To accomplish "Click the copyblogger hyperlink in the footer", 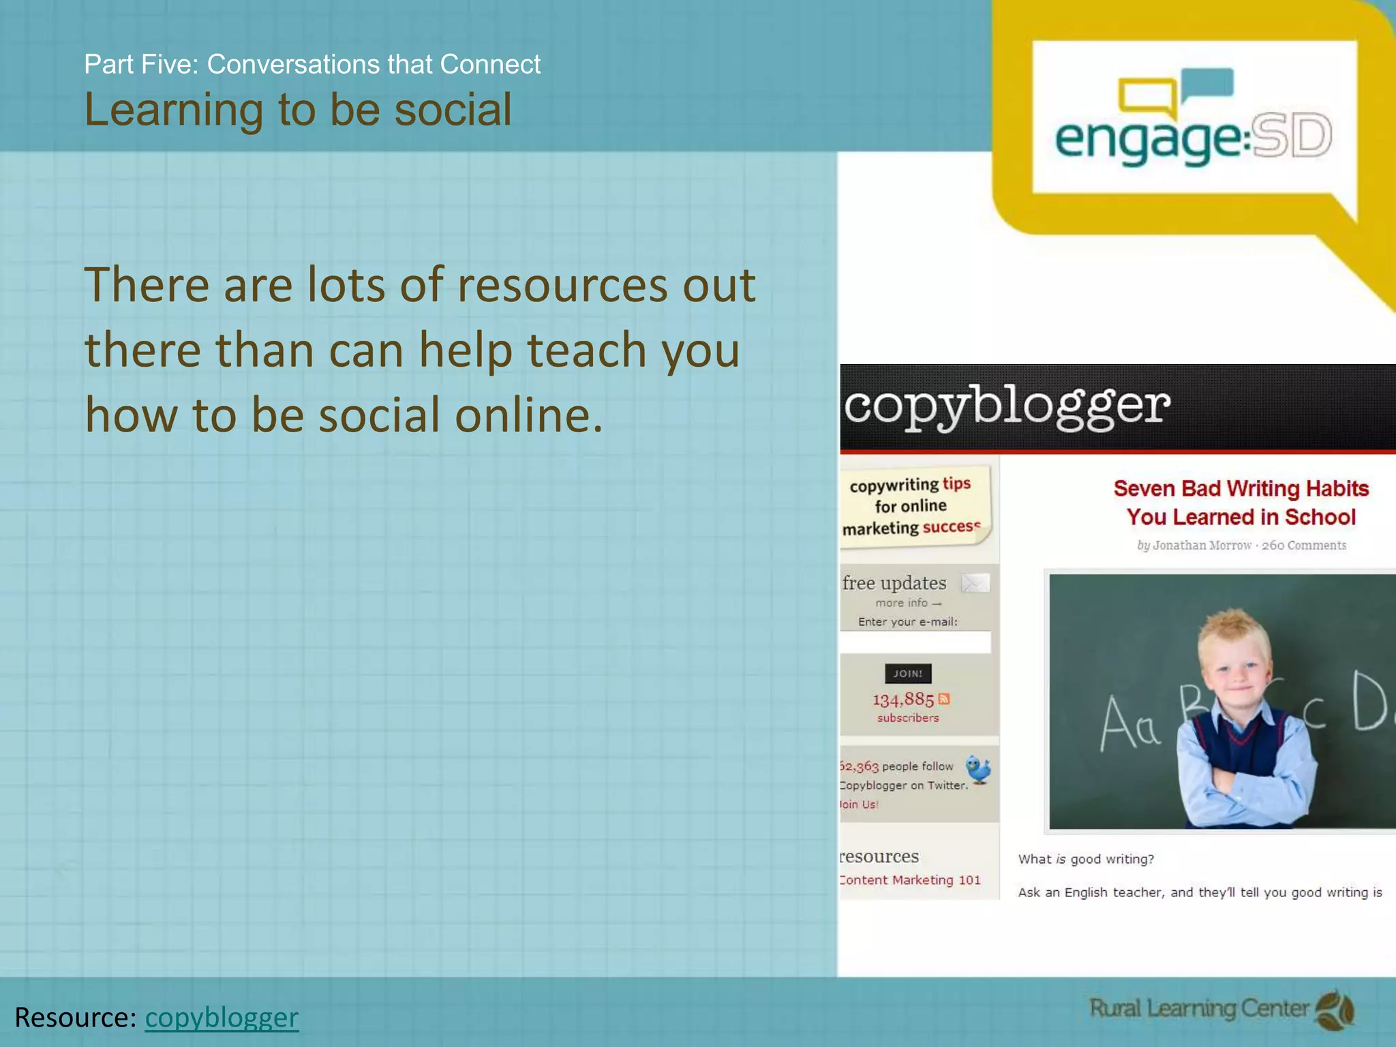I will click(x=222, y=1017).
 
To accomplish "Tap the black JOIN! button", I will click(x=907, y=673).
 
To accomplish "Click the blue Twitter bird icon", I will click(x=979, y=770).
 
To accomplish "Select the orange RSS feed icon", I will click(x=944, y=699).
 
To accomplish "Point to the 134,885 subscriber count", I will click(x=902, y=699).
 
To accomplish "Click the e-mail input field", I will click(x=915, y=642).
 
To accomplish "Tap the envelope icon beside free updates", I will click(x=975, y=583).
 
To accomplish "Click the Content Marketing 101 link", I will click(x=910, y=880).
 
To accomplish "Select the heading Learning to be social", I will click(x=298, y=109).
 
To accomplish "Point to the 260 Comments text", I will click(x=1304, y=545).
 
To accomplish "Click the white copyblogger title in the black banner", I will click(x=1007, y=406).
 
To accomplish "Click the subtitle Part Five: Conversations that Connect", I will click(x=312, y=64).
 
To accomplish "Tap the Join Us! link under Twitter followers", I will click(x=859, y=804).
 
